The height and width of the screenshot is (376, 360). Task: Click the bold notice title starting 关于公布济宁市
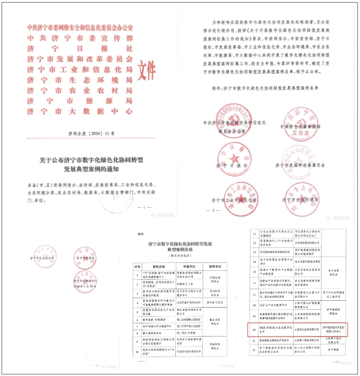coord(88,164)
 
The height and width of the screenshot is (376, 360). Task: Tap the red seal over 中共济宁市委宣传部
coord(299,123)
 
